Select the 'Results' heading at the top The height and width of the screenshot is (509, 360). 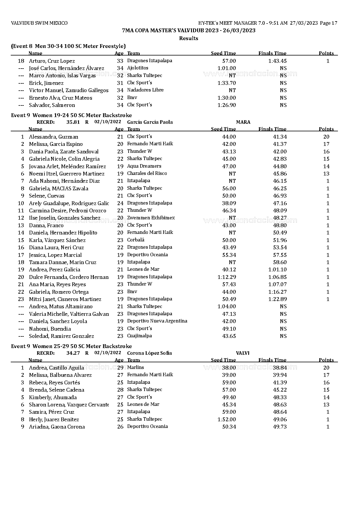(x=188, y=38)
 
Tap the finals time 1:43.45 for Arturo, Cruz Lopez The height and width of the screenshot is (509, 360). (x=277, y=61)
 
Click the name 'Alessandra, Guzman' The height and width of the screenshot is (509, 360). (x=53, y=137)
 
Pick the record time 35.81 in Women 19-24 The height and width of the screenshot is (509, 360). (x=73, y=122)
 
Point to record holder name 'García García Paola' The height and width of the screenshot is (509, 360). (x=150, y=122)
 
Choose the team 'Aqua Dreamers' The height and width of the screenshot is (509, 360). (x=144, y=166)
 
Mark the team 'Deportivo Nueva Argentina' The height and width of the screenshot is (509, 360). (x=157, y=321)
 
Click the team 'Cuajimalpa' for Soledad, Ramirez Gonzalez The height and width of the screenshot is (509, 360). (x=139, y=336)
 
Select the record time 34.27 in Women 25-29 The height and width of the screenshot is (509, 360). (x=73, y=353)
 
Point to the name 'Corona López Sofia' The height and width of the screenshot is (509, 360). (x=150, y=353)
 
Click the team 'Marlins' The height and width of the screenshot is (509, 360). (x=135, y=368)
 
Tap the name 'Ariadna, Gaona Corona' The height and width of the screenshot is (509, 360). (x=57, y=427)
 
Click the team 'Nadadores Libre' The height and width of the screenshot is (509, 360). (x=145, y=90)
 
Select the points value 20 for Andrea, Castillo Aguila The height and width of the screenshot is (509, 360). (x=326, y=368)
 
